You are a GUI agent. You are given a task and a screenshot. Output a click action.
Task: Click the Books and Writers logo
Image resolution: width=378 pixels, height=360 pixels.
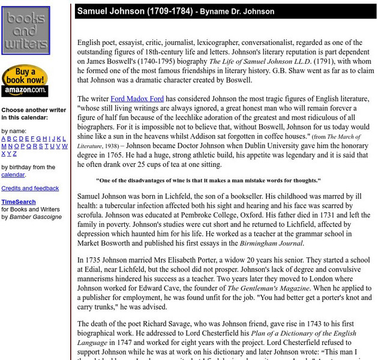pos(25,30)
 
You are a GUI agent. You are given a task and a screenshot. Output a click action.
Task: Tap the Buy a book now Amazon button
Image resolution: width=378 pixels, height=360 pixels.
pos(25,81)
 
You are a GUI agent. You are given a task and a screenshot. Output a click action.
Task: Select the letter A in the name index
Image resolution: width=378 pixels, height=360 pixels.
pos(4,139)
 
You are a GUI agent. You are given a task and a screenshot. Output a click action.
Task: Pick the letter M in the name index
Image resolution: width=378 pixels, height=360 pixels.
pos(4,146)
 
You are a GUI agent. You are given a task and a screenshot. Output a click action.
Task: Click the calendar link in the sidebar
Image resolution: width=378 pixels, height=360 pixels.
pos(13,175)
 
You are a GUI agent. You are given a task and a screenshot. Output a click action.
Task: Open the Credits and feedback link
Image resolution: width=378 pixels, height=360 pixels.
pos(30,188)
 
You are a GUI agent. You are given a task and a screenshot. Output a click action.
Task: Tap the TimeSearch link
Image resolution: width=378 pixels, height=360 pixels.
pos(18,202)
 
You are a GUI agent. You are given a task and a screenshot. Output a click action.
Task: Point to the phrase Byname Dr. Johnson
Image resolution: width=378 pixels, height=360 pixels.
pos(237,12)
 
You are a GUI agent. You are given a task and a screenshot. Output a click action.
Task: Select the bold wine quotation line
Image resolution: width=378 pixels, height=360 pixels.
pos(208,180)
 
